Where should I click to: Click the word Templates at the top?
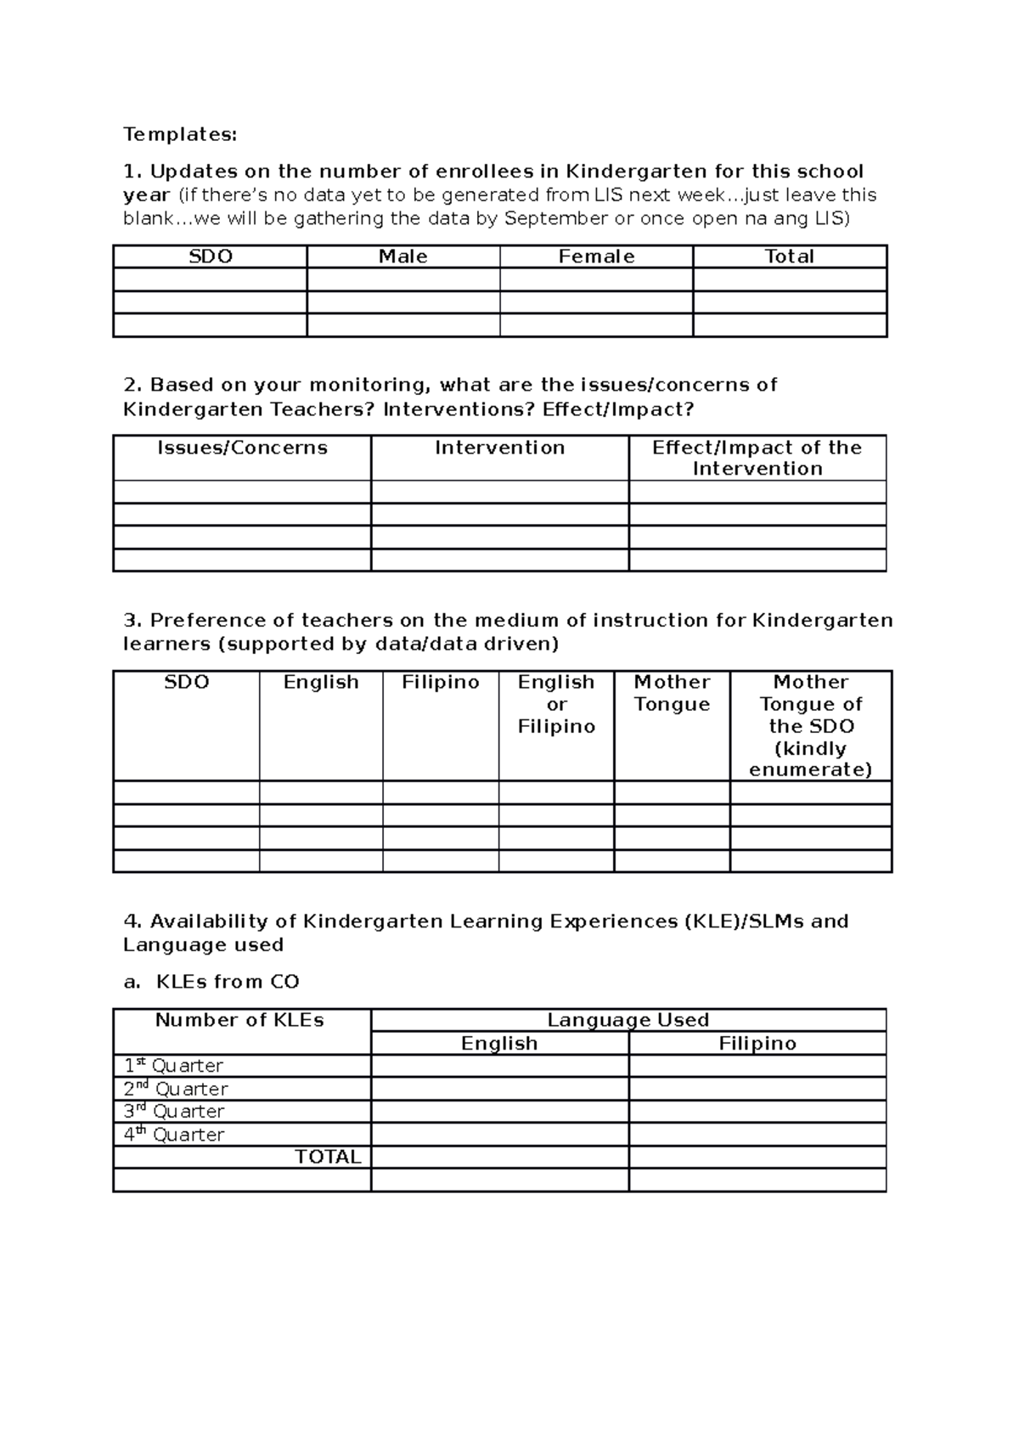click(x=180, y=134)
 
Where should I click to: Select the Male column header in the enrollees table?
click(x=403, y=256)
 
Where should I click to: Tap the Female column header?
click(x=596, y=256)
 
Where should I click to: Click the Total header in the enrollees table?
click(x=789, y=256)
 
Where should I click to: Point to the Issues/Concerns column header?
click(x=242, y=448)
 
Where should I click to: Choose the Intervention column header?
click(x=499, y=448)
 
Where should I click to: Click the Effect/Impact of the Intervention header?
click(x=757, y=458)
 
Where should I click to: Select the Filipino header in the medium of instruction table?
click(x=440, y=683)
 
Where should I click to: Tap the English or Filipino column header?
click(x=556, y=704)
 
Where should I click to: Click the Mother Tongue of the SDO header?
click(x=811, y=725)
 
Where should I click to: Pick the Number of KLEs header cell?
click(x=239, y=1021)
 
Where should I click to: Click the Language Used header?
click(x=628, y=1020)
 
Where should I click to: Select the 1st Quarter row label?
click(x=174, y=1066)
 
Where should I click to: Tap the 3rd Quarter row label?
click(x=174, y=1112)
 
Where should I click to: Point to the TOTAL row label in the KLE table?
click(x=328, y=1157)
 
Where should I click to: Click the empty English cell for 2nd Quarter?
click(x=499, y=1089)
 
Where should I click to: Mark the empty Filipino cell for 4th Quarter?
click(x=757, y=1135)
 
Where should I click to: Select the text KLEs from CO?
click(x=228, y=982)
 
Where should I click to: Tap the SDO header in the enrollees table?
click(x=210, y=256)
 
